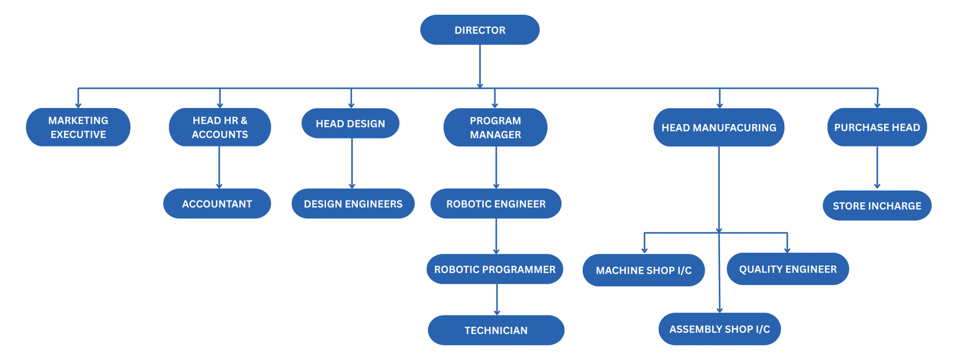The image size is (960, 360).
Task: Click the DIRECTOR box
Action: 479,30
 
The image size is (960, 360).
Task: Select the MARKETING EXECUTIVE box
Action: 78,127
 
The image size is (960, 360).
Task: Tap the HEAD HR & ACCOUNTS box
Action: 220,127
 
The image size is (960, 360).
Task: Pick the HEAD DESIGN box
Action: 350,124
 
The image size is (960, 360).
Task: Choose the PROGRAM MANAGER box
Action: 495,127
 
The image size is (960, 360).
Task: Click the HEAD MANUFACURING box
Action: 718,127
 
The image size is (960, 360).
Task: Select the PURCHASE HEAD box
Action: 877,127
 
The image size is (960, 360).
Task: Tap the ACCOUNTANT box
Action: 217,204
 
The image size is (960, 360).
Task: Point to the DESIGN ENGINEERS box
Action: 353,204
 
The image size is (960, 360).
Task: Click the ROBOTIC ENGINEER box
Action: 496,204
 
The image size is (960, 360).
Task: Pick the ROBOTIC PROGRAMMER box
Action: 494,269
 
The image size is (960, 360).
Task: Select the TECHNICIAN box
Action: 496,330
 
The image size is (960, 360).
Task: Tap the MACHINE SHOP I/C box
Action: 643,270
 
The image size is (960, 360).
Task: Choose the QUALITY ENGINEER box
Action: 787,269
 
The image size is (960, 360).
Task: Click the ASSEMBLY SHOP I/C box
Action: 719,329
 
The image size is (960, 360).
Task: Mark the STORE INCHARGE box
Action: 877,206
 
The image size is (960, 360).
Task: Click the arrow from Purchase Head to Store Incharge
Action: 877,168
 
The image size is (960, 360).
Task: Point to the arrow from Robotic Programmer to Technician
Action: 497,299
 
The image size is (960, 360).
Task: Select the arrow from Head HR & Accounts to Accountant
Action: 219,167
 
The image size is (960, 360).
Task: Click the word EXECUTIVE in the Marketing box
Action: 78,134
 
